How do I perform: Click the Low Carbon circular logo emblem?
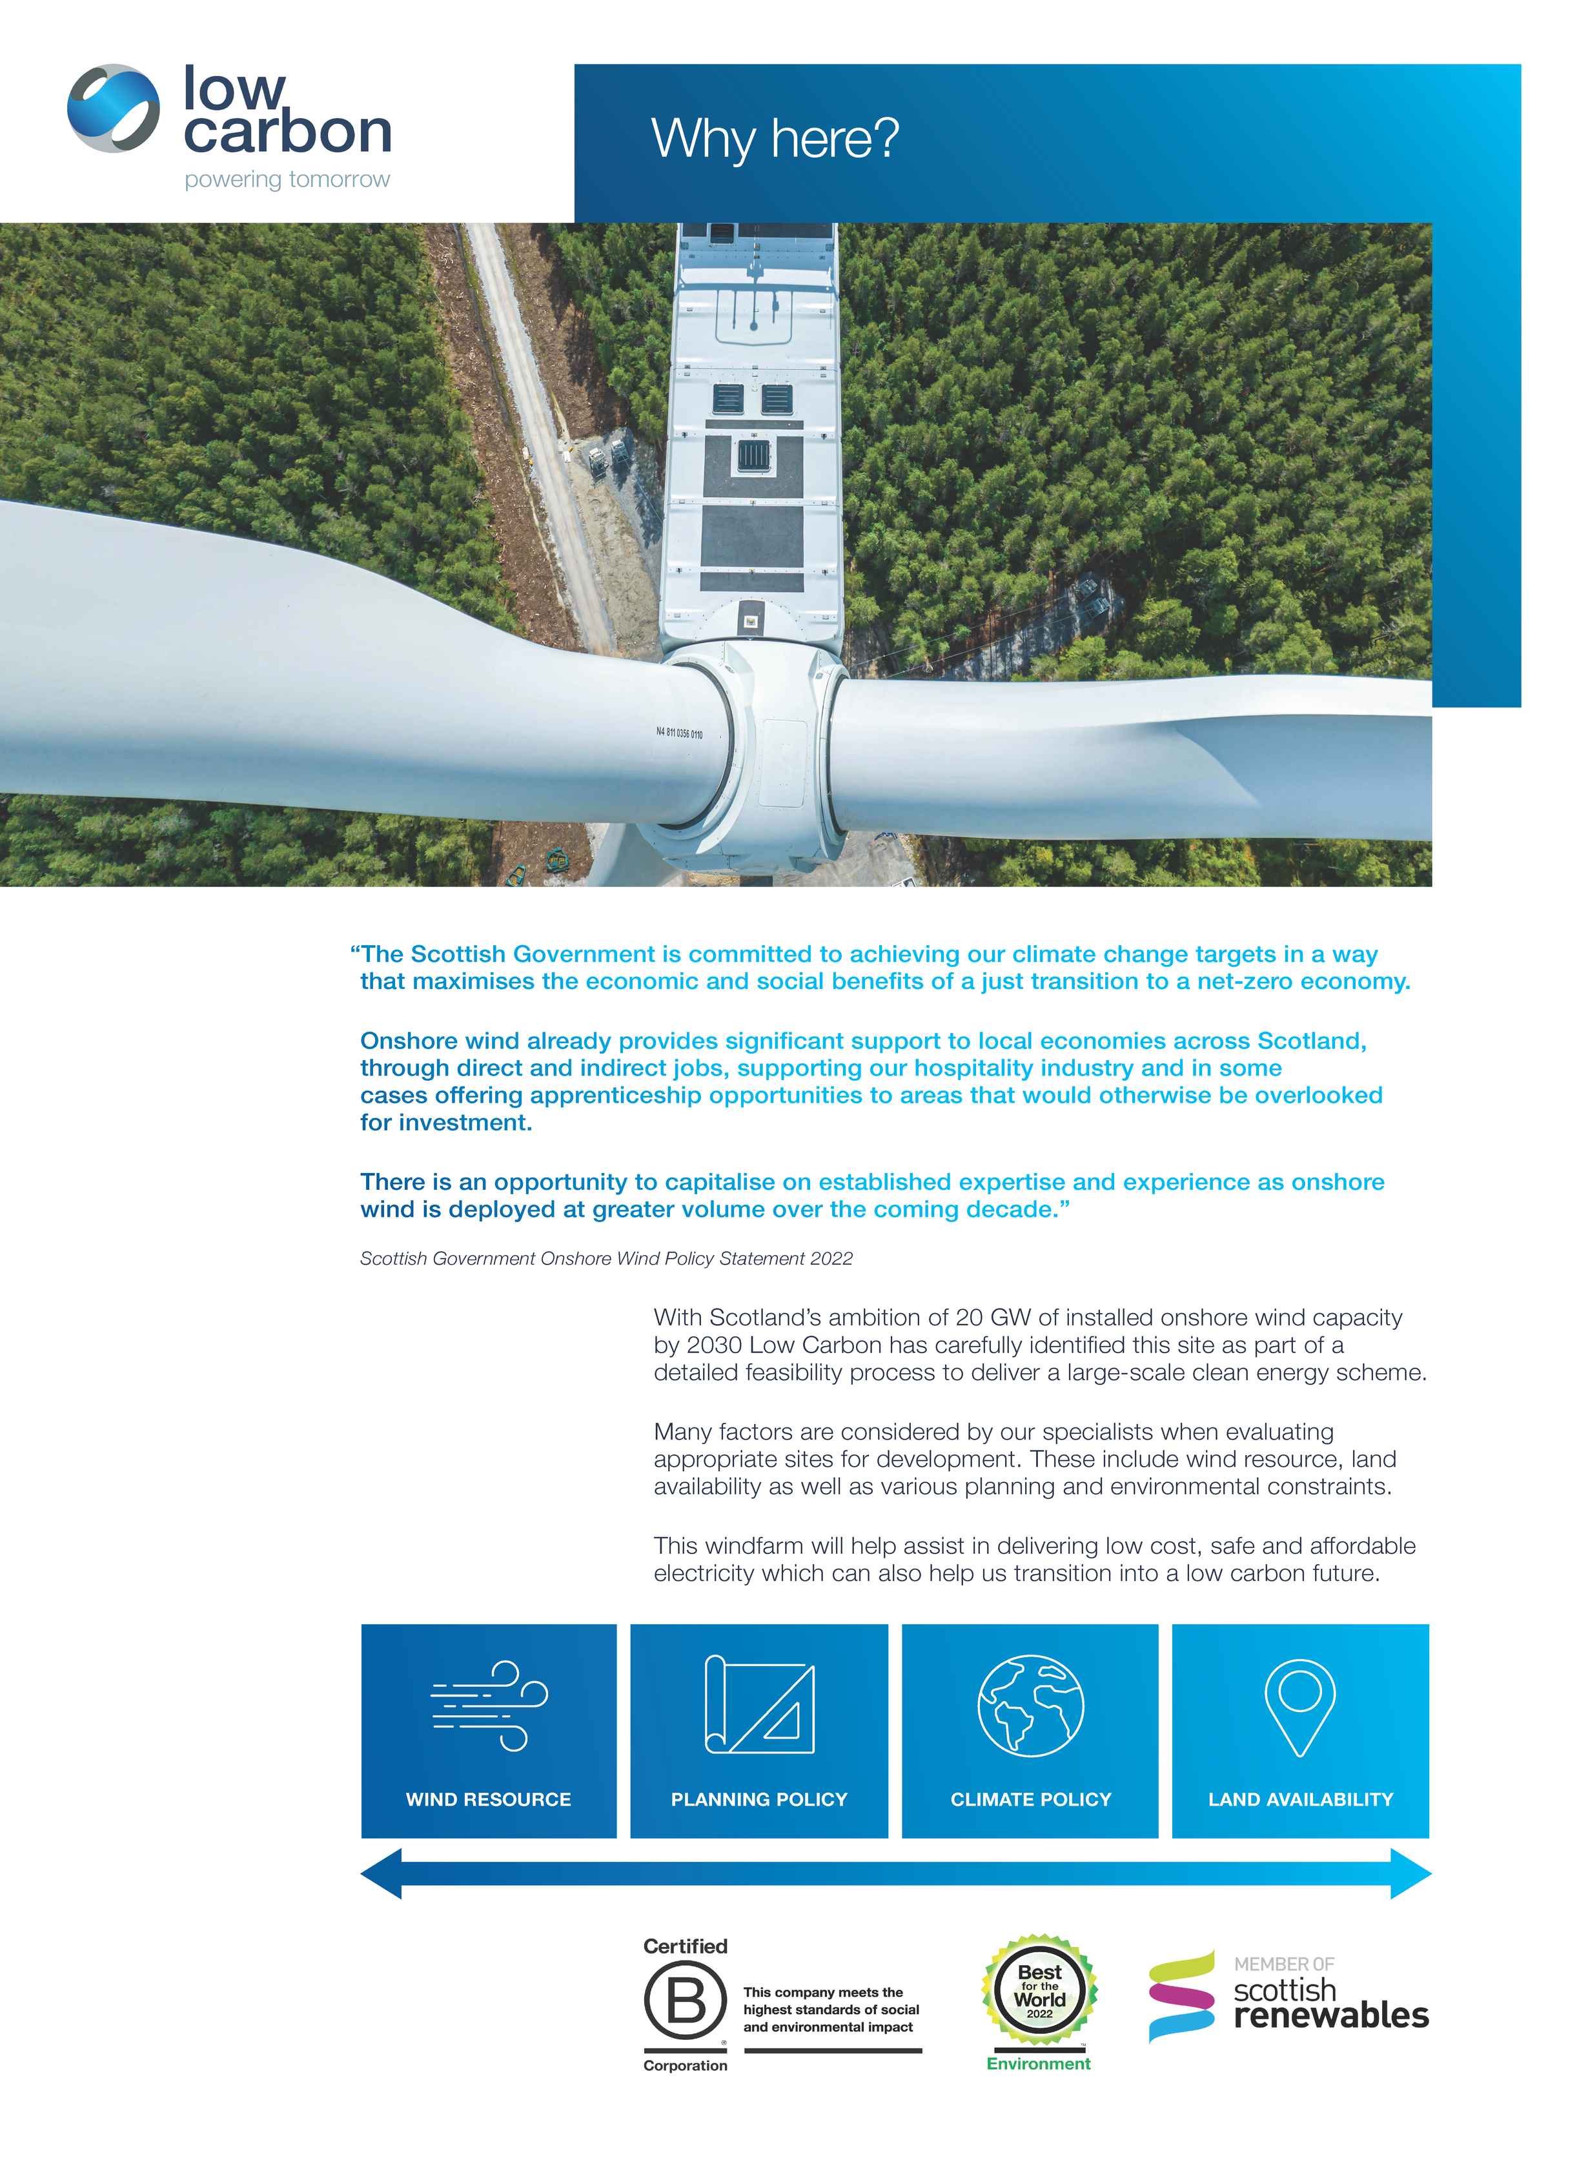point(114,108)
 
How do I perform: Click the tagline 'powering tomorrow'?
point(287,179)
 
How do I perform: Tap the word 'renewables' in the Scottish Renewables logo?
point(1330,2015)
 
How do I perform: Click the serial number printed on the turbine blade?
point(678,733)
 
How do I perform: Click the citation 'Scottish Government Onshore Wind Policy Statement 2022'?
point(606,1258)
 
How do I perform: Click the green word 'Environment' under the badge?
point(1038,2064)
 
